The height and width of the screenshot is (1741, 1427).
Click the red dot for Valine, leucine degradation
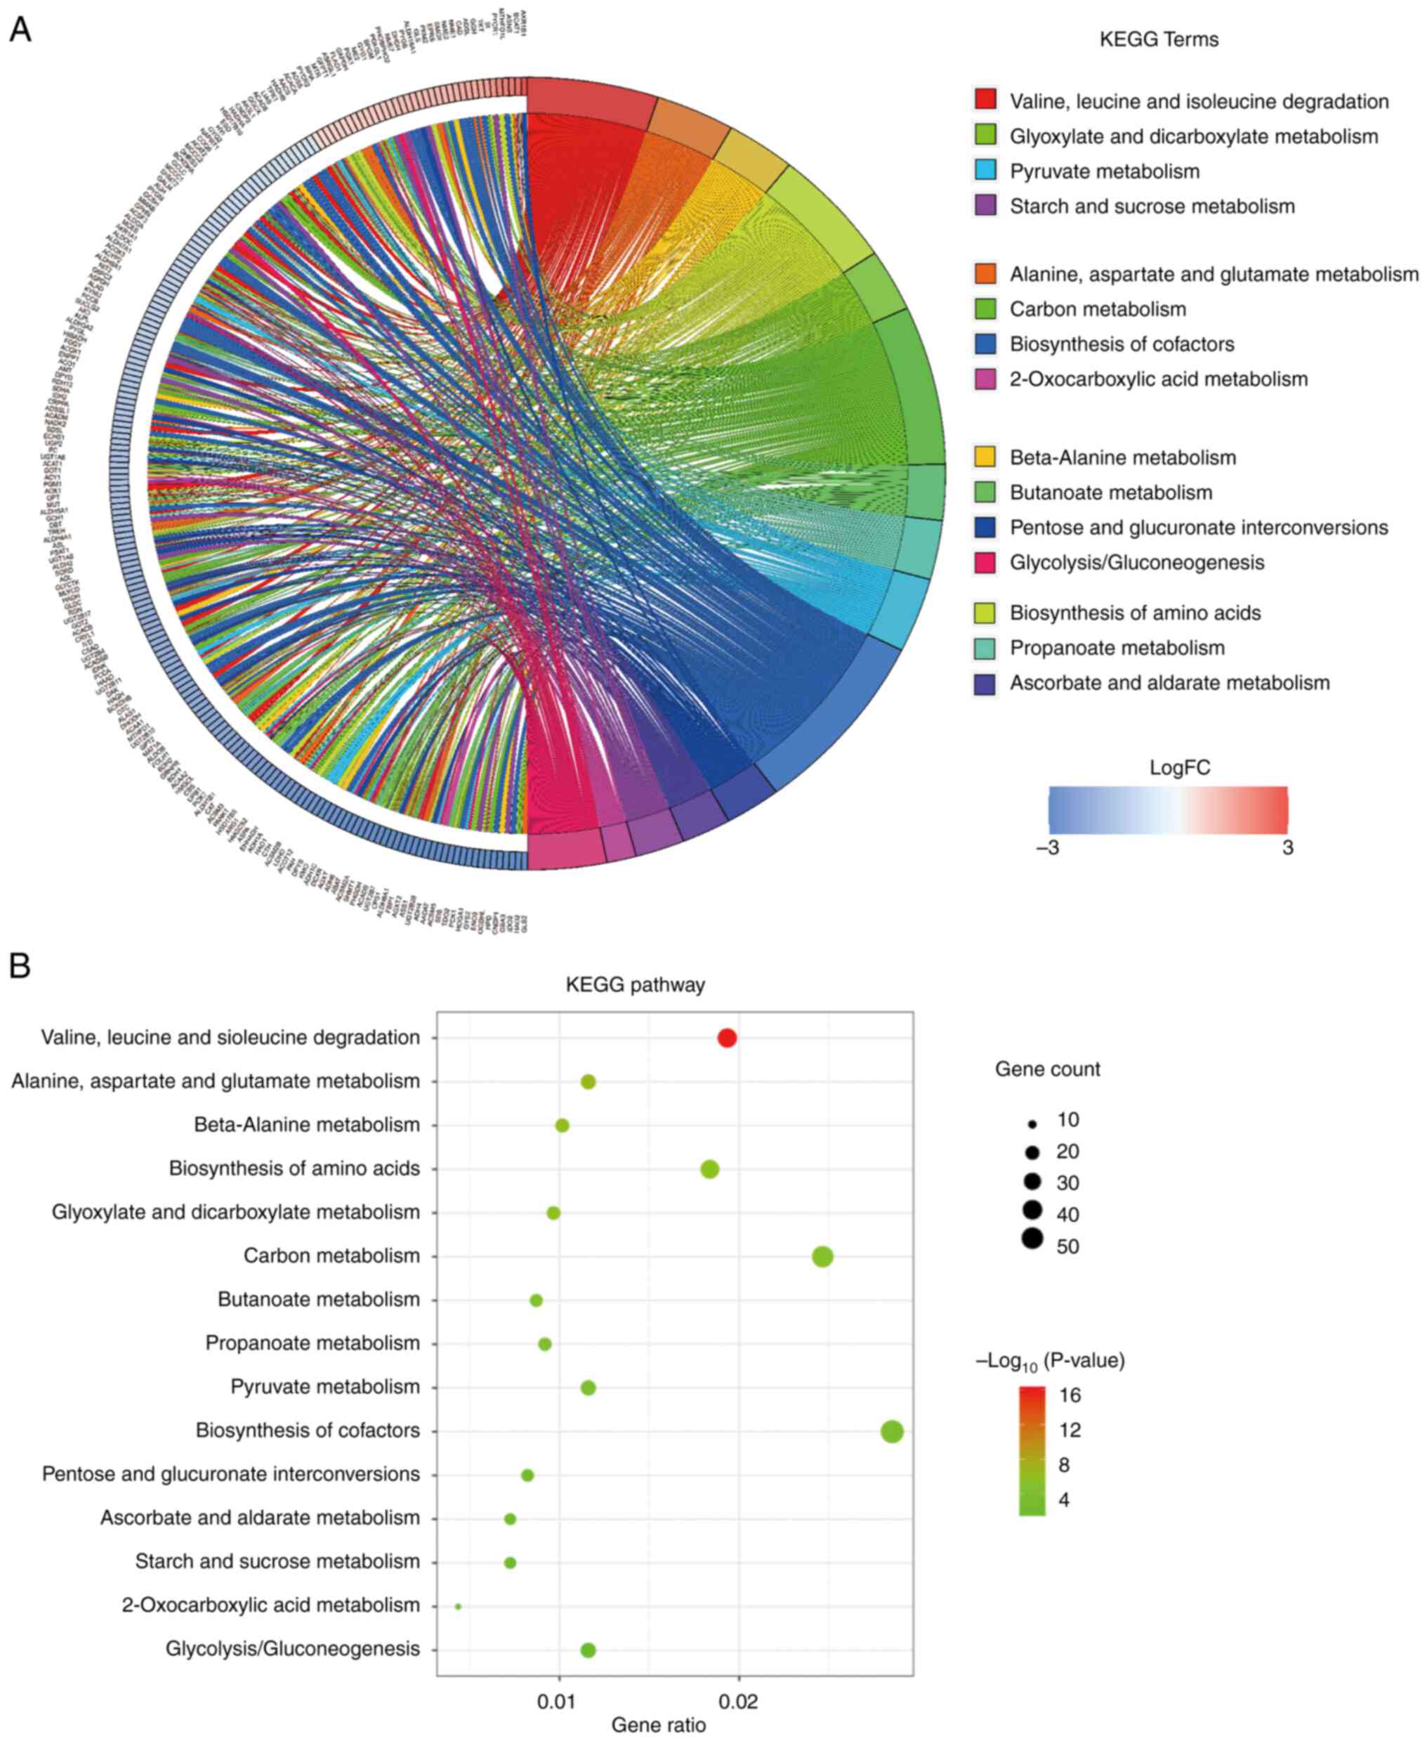click(727, 1038)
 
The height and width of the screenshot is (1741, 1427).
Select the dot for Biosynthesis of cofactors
click(892, 1432)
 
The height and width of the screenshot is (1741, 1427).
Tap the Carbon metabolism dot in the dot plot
click(822, 1257)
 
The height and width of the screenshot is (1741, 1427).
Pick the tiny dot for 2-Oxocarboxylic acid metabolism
click(458, 1606)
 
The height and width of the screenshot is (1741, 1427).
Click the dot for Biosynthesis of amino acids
click(709, 1168)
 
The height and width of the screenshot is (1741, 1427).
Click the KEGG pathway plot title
click(635, 984)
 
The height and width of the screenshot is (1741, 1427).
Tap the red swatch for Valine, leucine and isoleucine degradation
click(985, 100)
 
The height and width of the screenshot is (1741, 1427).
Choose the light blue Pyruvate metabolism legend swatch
click(985, 170)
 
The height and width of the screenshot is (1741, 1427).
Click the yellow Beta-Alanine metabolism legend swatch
click(985, 457)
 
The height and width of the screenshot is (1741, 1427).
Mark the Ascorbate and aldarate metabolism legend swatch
click(985, 683)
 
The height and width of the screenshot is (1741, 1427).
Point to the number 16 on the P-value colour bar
click(1070, 1395)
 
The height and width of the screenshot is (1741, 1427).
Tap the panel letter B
click(20, 965)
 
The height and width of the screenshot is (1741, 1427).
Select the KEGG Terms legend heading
click(1158, 39)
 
